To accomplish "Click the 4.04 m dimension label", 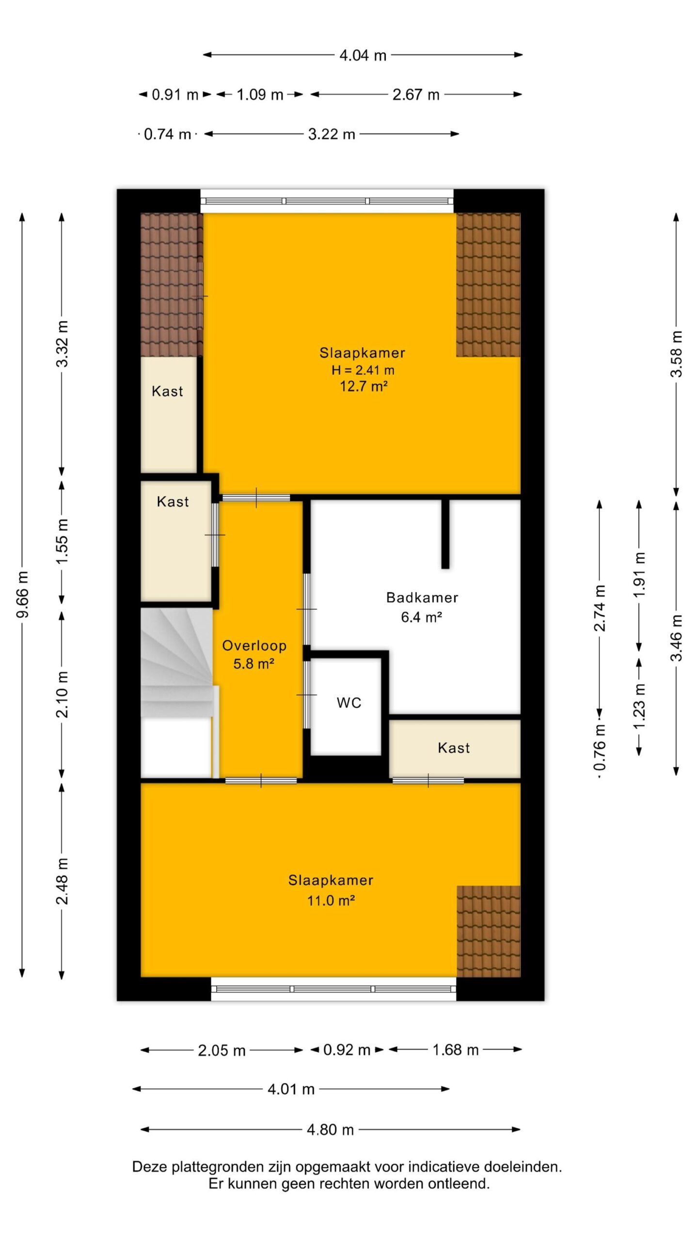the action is click(363, 55).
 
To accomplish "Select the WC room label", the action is click(349, 703).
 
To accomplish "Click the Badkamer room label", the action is click(422, 597).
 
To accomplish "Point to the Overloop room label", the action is click(254, 646).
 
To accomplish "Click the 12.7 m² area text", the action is click(364, 387).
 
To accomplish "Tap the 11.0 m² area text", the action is click(331, 901).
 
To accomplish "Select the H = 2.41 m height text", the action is click(363, 370).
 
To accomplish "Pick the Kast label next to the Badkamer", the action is click(454, 748).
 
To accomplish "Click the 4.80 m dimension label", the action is click(331, 1130).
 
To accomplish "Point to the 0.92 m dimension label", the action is click(347, 1050).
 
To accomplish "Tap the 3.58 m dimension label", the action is click(677, 354).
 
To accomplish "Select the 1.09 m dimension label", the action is click(260, 95).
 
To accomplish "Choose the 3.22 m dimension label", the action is click(332, 134).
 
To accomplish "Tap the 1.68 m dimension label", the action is click(456, 1050).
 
